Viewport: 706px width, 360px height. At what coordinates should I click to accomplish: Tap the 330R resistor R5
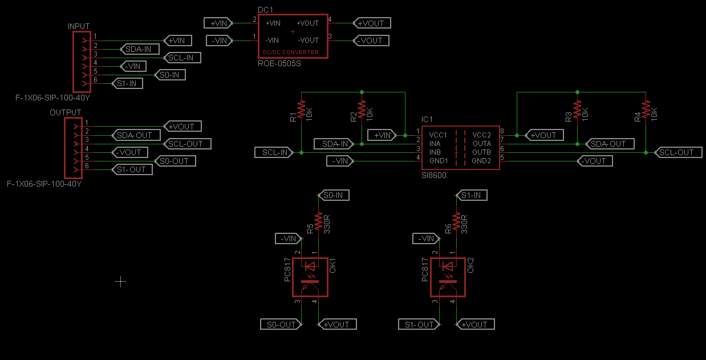pos(318,221)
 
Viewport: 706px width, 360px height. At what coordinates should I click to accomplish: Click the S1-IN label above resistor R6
pos(471,195)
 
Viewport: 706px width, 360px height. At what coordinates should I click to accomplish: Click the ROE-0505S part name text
pos(279,63)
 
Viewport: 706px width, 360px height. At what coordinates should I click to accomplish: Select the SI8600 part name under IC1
pos(433,175)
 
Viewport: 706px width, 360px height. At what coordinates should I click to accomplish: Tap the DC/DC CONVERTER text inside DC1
pos(290,52)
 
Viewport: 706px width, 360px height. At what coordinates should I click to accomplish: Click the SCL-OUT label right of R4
pos(676,152)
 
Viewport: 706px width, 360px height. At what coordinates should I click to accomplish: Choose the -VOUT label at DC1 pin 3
pos(371,41)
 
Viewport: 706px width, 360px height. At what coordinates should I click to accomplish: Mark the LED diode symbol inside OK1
pos(311,266)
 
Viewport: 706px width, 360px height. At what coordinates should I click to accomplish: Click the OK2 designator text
pos(471,265)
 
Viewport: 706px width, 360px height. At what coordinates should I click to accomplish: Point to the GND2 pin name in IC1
pos(481,161)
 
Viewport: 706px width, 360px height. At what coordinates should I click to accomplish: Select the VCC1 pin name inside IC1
pos(439,135)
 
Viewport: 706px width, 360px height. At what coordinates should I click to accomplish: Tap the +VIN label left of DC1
pos(219,23)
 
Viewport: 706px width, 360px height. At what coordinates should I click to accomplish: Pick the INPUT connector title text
pos(78,26)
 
